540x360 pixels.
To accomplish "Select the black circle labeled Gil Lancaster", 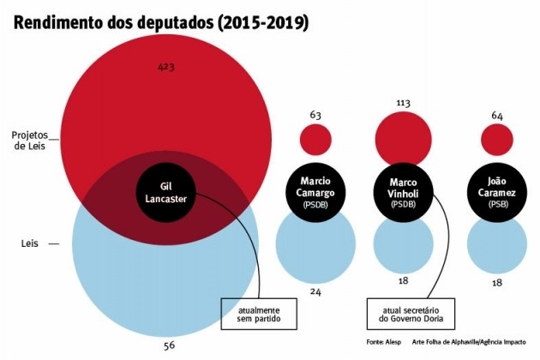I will click(166, 191).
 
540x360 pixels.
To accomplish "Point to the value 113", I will click(404, 102).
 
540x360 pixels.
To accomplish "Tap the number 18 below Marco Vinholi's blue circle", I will click(404, 281).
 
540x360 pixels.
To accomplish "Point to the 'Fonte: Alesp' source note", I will click(383, 341).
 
